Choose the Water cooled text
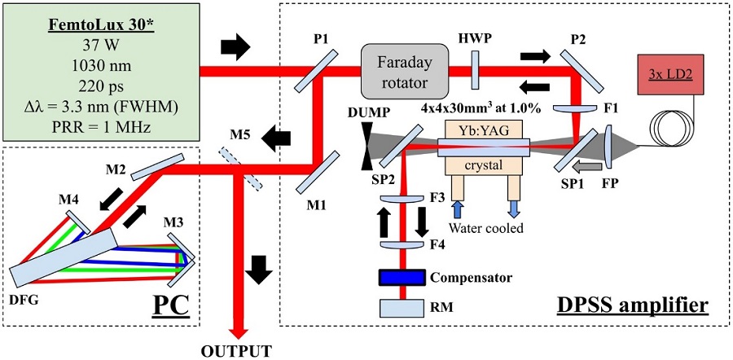tap(487, 229)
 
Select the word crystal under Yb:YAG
tap(483, 164)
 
